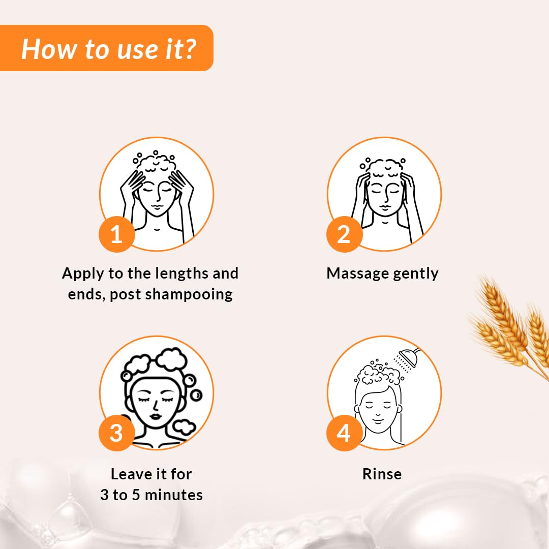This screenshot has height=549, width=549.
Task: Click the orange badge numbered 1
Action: point(116,234)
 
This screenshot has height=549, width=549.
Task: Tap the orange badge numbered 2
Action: point(344,234)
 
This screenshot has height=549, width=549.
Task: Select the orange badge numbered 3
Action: point(116,434)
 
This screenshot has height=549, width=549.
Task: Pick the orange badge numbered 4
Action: point(344,434)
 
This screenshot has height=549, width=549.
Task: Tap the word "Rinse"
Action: point(382,474)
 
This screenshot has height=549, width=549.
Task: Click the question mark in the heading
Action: point(190,49)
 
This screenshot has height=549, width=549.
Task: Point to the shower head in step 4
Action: point(408,357)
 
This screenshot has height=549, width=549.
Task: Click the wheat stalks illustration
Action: point(508,325)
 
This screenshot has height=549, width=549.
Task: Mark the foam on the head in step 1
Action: point(157,164)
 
